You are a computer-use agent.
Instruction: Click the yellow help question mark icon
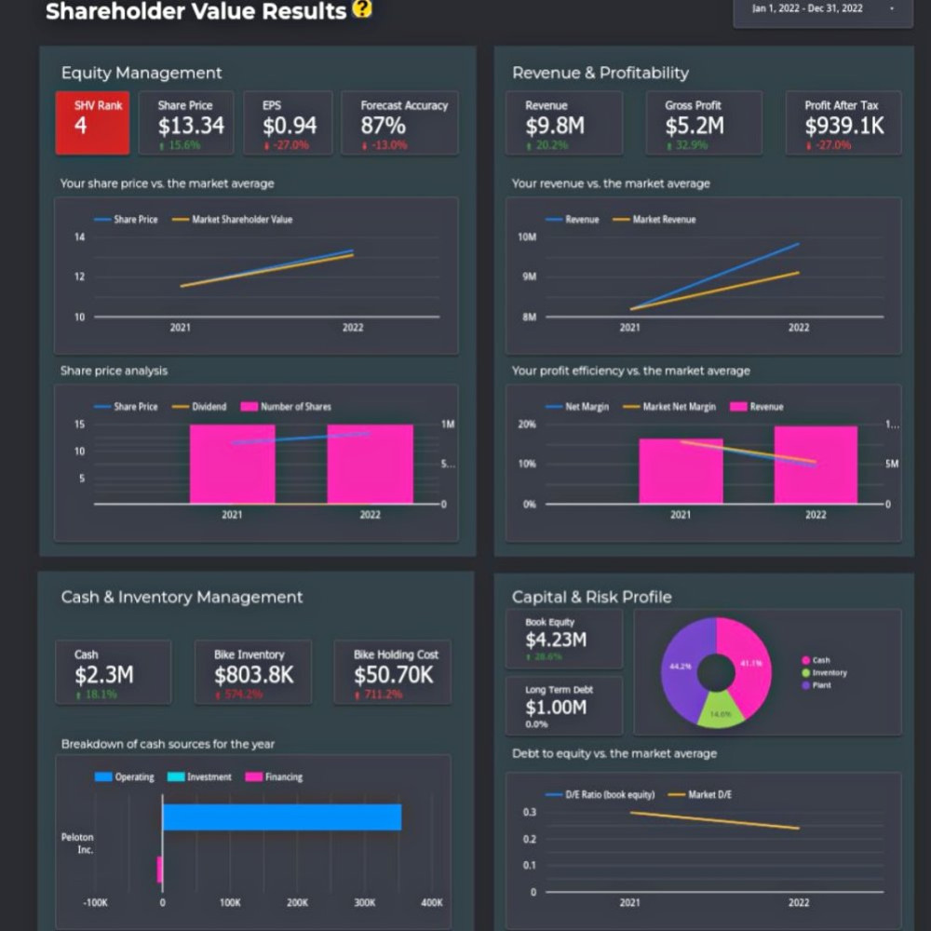coord(362,9)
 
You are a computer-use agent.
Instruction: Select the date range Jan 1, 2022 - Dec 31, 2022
coord(808,9)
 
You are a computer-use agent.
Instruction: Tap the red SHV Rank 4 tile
coord(92,122)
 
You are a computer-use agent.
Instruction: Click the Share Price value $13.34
coord(191,126)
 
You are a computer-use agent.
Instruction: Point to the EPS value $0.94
coord(290,126)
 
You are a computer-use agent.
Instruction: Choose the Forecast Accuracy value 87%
coord(384,126)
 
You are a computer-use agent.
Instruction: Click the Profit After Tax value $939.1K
coord(844,126)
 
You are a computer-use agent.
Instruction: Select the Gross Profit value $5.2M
coord(695,126)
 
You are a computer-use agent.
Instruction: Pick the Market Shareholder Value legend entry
coord(242,220)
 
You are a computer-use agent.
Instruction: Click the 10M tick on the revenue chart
coord(528,237)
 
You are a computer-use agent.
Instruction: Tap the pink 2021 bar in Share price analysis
coord(232,464)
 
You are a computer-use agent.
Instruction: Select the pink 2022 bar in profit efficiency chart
coord(816,465)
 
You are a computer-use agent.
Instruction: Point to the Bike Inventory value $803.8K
coord(254,675)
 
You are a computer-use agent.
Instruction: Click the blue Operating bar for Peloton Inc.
coord(282,817)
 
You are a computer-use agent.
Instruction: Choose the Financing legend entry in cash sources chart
coord(283,777)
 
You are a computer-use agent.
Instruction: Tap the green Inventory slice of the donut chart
coord(721,710)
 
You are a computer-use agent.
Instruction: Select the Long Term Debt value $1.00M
coord(556,708)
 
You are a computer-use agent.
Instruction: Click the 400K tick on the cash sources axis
coord(432,903)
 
